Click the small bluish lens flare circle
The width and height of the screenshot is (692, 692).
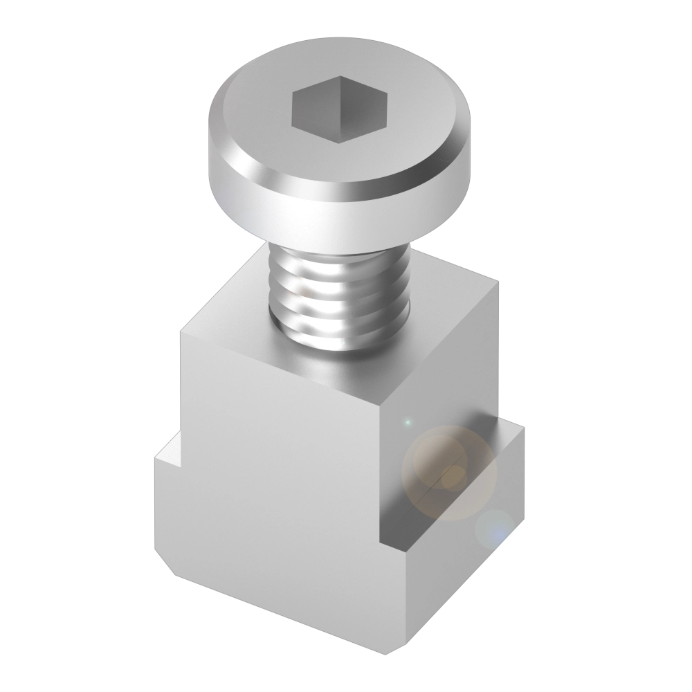coord(495,529)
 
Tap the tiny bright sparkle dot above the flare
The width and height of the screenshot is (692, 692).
coord(408,421)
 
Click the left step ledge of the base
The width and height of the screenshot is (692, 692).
coord(167,457)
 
